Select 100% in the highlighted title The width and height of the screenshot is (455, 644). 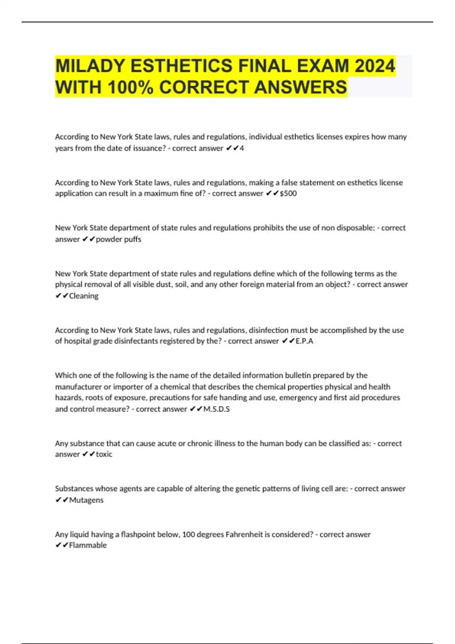point(130,87)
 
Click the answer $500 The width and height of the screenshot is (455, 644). point(288,194)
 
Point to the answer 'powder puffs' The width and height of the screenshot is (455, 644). point(118,239)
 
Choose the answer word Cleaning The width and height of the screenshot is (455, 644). point(83,296)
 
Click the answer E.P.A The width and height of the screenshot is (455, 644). point(304,341)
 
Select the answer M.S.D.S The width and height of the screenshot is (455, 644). point(217,409)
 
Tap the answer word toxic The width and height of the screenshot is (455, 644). point(104,454)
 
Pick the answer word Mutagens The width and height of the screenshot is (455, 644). point(86,500)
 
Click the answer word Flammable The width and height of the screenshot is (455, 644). point(88,545)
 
